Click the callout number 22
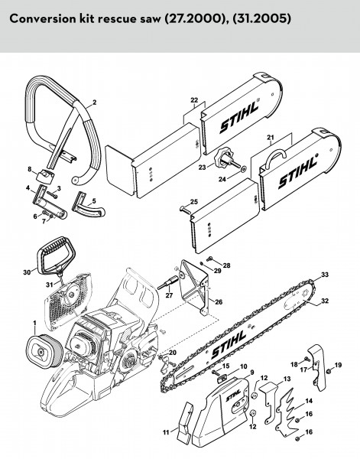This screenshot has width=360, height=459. click(x=194, y=100)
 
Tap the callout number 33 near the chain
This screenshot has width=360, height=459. click(x=325, y=275)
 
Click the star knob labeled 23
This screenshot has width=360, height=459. click(x=223, y=158)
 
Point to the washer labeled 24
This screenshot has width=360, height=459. click(x=243, y=169)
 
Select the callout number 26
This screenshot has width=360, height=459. click(x=219, y=302)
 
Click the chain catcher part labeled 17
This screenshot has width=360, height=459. click(x=316, y=367)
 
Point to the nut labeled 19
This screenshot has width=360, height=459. click(x=329, y=371)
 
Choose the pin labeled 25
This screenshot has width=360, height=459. click(x=184, y=209)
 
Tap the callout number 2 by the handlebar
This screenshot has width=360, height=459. click(x=94, y=103)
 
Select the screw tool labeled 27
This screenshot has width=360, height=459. click(x=168, y=282)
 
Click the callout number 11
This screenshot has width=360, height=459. click(x=166, y=432)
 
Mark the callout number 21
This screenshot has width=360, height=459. click(x=271, y=137)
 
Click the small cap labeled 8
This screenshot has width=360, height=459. click(x=44, y=176)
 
